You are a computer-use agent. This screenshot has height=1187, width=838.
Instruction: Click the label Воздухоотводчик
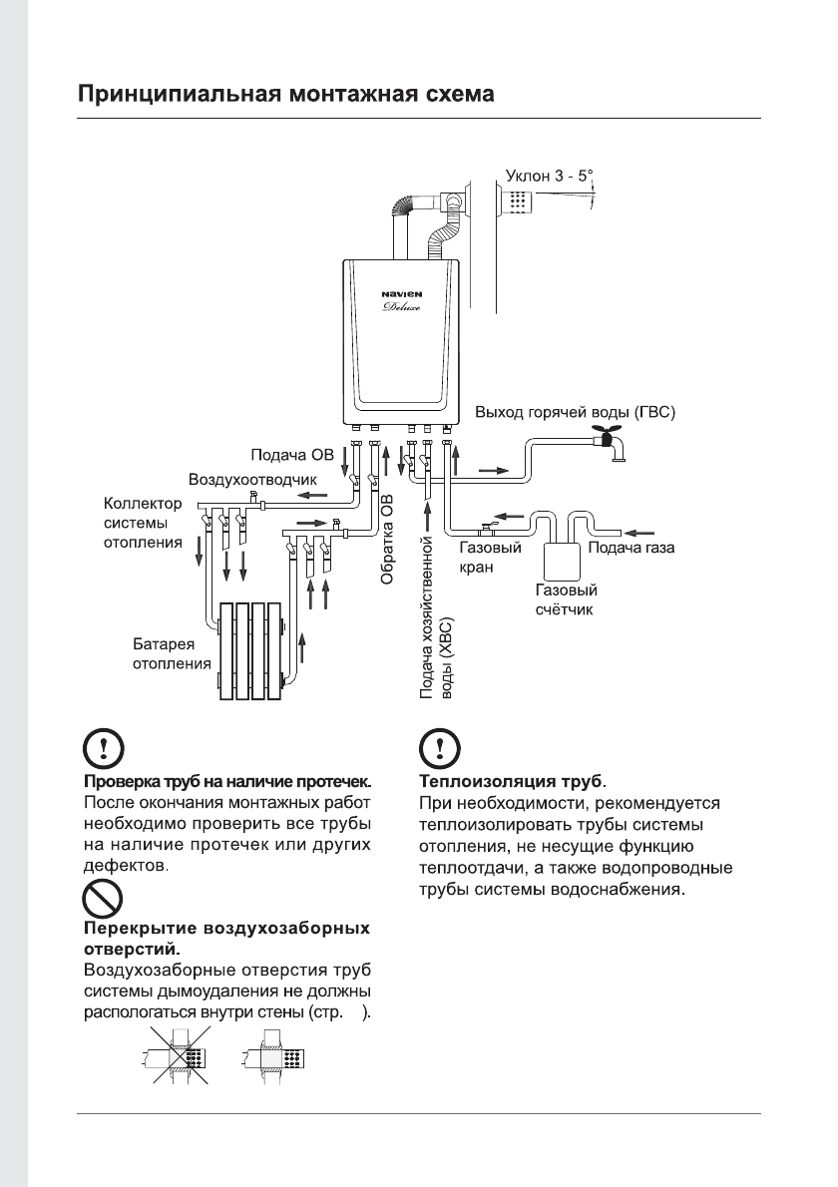235,481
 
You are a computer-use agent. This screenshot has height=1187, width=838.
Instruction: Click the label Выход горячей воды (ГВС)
576,411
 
